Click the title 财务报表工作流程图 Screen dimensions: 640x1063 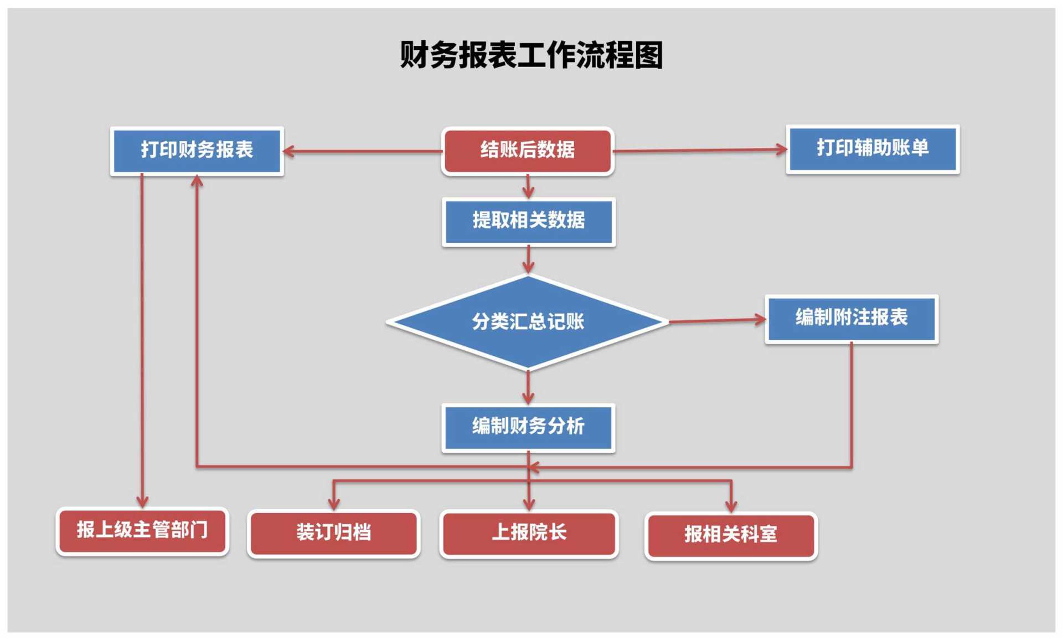531,55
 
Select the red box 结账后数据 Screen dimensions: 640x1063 528,150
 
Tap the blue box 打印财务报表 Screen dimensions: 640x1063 197,150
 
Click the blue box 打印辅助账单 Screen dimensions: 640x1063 873,149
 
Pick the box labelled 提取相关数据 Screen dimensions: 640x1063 528,221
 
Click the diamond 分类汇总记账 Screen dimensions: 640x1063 528,322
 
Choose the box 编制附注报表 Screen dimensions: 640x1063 851,318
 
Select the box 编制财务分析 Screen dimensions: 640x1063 528,427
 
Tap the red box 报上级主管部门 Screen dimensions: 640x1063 142,530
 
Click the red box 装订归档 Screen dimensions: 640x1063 333,533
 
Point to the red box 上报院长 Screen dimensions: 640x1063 529,533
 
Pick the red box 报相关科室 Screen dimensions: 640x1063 731,535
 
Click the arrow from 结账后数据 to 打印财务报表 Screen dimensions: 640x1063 363,151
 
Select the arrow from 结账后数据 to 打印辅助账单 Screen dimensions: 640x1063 700,150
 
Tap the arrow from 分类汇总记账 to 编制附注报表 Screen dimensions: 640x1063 717,320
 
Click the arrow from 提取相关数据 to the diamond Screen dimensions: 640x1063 528,259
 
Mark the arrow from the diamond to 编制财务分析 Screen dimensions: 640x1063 528,387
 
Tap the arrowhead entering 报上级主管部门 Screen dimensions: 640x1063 142,501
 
